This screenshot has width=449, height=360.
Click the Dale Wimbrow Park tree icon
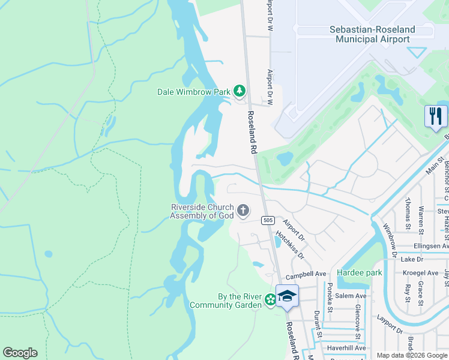pyautogui.click(x=240, y=91)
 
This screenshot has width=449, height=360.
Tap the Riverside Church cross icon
pyautogui.click(x=243, y=210)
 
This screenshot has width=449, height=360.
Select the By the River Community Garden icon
pyautogui.click(x=271, y=299)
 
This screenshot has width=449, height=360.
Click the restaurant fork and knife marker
pyautogui.click(x=436, y=116)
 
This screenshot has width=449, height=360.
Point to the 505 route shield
pyautogui.click(x=268, y=221)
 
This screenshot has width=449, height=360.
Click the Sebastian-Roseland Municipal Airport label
pyautogui.click(x=370, y=34)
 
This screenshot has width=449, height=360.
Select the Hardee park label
pyautogui.click(x=360, y=272)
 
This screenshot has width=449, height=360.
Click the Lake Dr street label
pyautogui.click(x=412, y=259)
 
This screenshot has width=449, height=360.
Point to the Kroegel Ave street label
pyautogui.click(x=421, y=272)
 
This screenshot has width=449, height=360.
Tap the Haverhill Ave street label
pyautogui.click(x=346, y=348)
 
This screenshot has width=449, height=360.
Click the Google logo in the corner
pyautogui.click(x=20, y=353)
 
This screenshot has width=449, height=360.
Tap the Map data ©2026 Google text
pyautogui.click(x=412, y=355)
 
